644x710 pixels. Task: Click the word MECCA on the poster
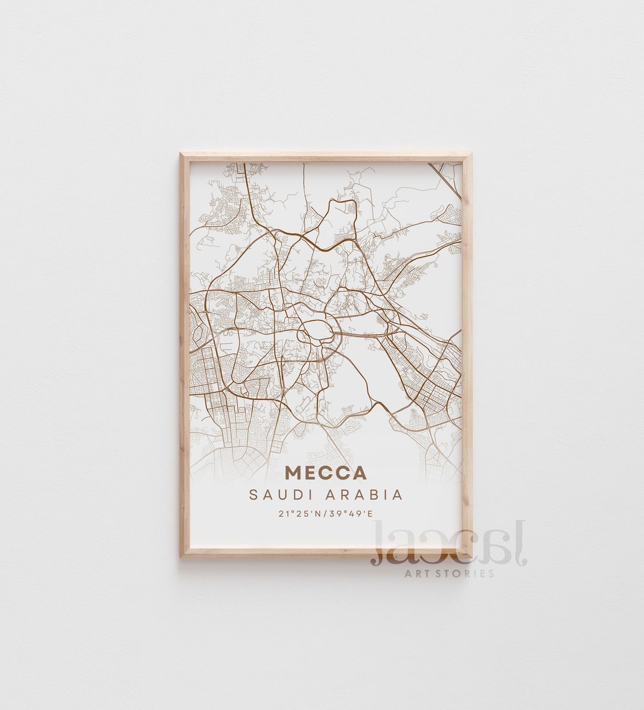tap(326, 473)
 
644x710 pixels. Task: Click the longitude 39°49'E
tap(350, 513)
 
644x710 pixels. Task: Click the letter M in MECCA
tap(294, 473)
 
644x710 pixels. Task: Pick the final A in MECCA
tap(359, 473)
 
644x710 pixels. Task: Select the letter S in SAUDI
tap(255, 495)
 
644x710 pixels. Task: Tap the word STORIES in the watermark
tap(469, 573)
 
